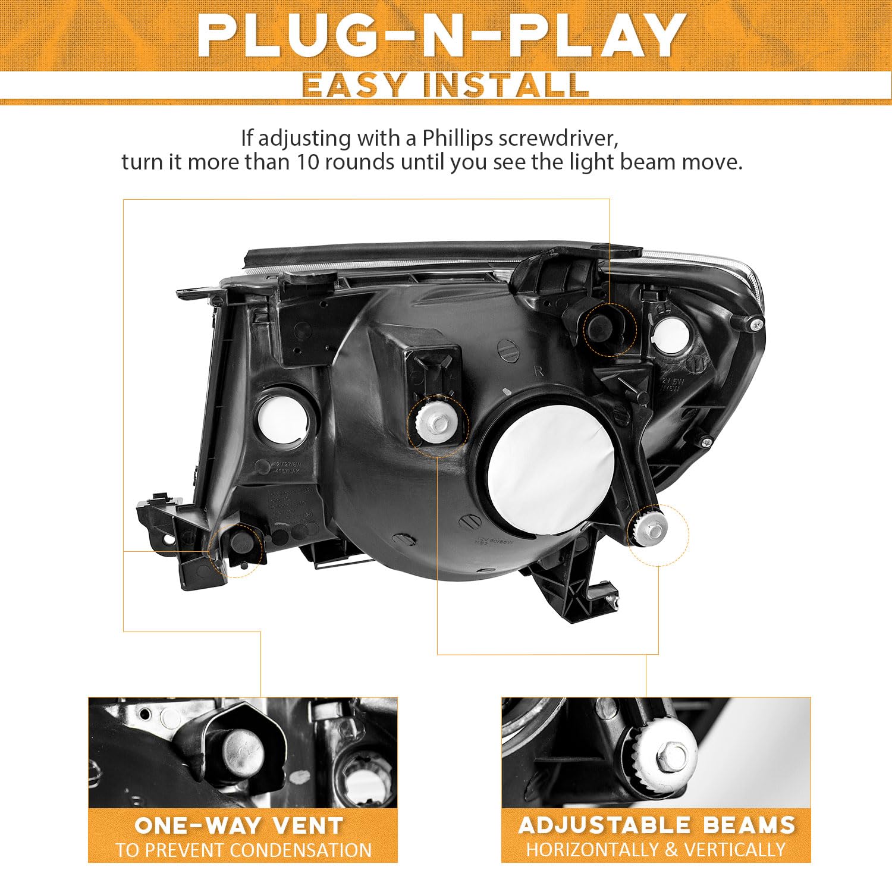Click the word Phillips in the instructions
point(458,138)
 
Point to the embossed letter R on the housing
point(539,371)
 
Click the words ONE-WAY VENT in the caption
point(239,825)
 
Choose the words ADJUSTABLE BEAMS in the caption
point(657,825)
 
